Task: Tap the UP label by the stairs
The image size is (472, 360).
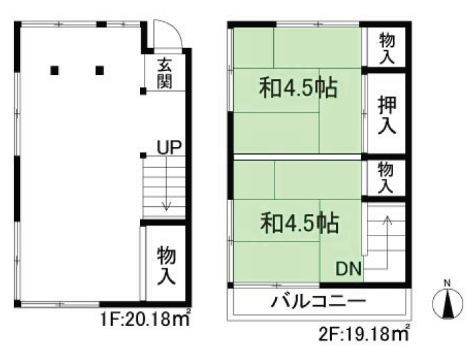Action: (x=169, y=147)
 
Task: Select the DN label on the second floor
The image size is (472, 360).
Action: (x=349, y=268)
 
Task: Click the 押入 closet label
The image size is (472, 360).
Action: (x=387, y=115)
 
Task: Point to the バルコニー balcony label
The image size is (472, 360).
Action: (x=319, y=301)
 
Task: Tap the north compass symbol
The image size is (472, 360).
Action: (x=448, y=303)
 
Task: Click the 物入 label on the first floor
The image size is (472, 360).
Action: (x=166, y=266)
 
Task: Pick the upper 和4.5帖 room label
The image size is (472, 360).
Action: (x=299, y=88)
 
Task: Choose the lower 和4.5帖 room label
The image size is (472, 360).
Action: (x=300, y=223)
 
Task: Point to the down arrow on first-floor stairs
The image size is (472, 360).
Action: (x=166, y=184)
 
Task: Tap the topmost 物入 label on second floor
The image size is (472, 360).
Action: (x=387, y=48)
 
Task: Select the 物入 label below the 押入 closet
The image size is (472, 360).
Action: (x=386, y=177)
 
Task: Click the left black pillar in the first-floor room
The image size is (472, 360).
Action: (x=54, y=70)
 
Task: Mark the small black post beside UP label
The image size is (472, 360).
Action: (x=143, y=155)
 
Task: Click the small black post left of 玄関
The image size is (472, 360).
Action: (x=143, y=91)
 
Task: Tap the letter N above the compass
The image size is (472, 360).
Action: (x=447, y=283)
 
